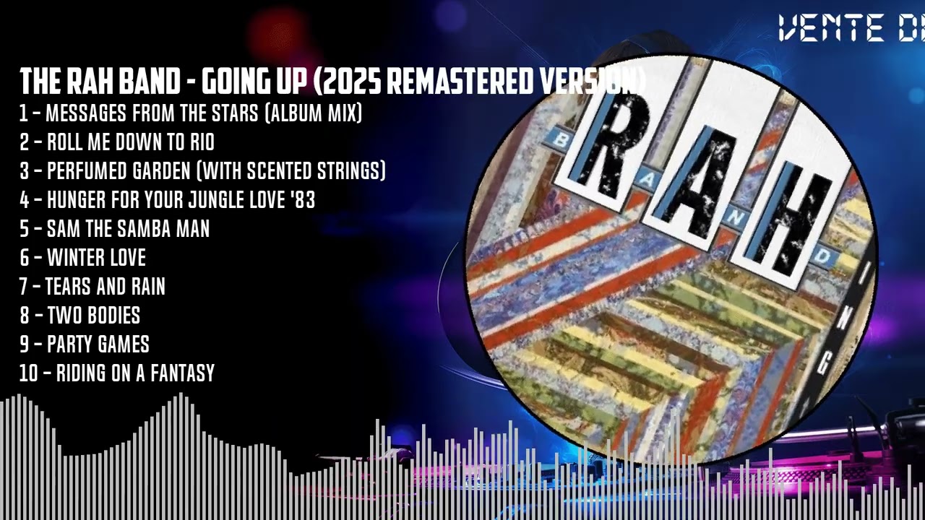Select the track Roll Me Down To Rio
pos(130,142)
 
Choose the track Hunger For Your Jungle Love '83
pos(181,200)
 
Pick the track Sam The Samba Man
pos(128,229)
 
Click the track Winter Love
pos(96,258)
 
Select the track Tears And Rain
pos(106,287)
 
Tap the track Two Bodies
pos(93,316)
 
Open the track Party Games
pos(98,344)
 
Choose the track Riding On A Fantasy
pos(135,373)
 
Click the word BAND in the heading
pos(150,82)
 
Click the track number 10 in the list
pos(29,373)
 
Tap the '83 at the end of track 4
pos(304,200)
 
